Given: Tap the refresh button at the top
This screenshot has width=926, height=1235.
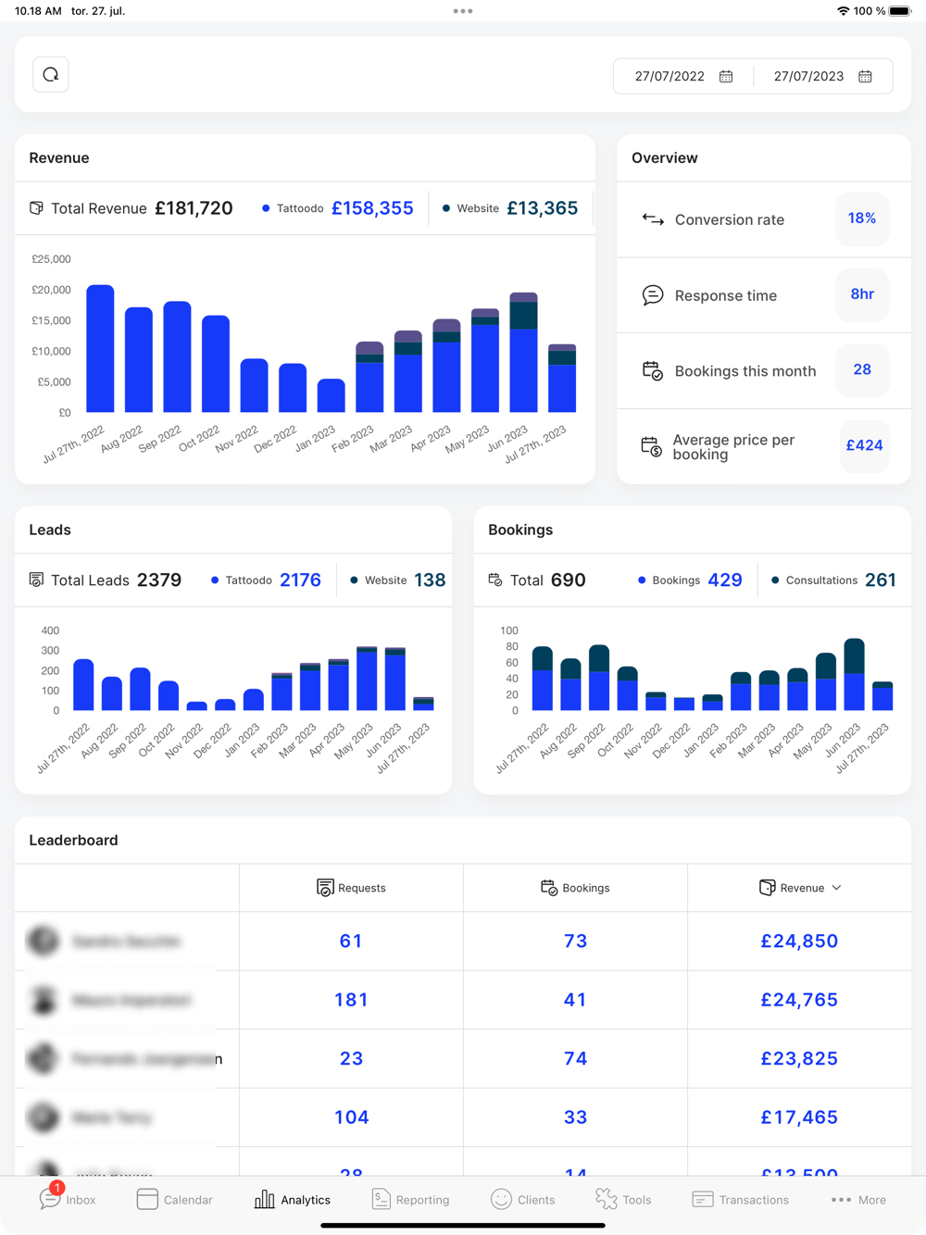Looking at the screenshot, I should coord(51,75).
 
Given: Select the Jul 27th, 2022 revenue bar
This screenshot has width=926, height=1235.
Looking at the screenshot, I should coord(100,349).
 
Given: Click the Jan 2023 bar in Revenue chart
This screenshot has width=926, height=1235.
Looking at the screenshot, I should coord(331,396).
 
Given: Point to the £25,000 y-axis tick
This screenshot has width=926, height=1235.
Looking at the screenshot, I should coord(51,259).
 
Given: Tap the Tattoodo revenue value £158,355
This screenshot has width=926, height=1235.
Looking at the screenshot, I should coord(372,208).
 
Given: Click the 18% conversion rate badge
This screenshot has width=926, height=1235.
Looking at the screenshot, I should coord(862,218).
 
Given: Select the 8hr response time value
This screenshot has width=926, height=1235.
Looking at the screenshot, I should coord(862,294).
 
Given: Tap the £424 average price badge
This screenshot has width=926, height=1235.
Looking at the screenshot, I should coord(864,445).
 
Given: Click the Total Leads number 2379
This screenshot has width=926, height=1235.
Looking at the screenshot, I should coord(159,580).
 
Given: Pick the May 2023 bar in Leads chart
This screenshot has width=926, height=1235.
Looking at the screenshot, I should coord(367,679).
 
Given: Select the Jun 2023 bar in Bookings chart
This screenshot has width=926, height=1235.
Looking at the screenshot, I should coord(854,675).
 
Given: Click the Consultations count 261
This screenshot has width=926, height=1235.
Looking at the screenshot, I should coord(880,580).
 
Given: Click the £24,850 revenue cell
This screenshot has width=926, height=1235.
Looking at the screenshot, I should coord(799,942).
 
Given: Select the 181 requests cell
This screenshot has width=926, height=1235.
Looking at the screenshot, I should coord(351,1000).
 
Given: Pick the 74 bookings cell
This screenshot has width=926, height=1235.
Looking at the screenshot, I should coord(575,1059).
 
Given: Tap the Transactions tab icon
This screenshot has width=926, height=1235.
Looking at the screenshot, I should coord(703,1200).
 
